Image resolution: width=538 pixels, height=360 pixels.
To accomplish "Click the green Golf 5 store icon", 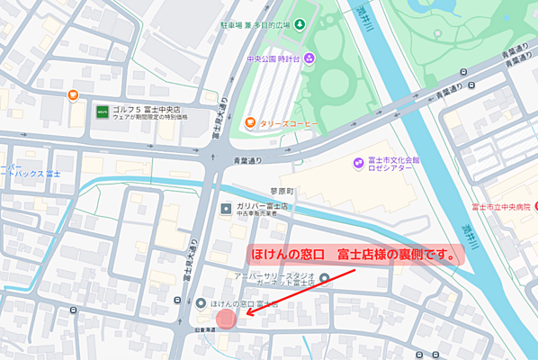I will (103, 112).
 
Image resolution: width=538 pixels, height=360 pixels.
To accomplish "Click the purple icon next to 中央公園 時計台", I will (309, 59).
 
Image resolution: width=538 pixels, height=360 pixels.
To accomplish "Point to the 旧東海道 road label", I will (205, 331).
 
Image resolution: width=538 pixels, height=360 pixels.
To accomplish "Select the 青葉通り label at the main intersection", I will (249, 162).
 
